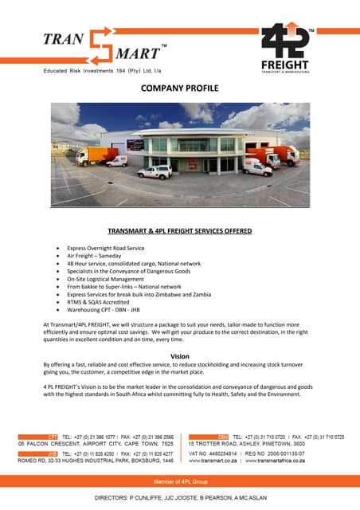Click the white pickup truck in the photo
pos(155,171)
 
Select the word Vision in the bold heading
pos(180,356)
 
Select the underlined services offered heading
pos(180,231)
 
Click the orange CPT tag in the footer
pos(53,437)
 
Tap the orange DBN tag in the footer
pos(223,437)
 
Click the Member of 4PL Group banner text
pos(180,484)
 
